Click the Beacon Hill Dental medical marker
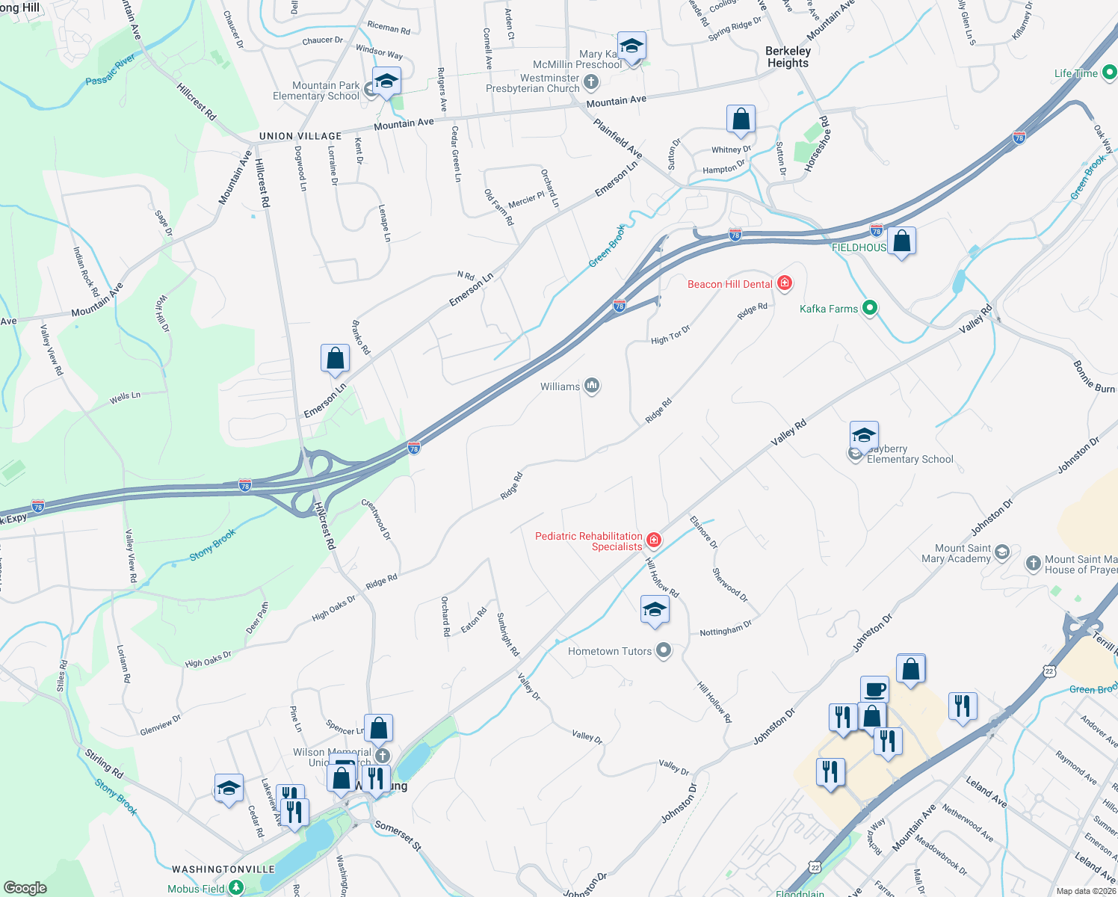(x=784, y=283)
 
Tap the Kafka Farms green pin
(x=869, y=308)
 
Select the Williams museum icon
(x=592, y=386)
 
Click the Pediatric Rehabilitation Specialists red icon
(x=654, y=540)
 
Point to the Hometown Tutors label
(x=609, y=651)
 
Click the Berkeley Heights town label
(x=788, y=57)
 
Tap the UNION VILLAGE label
(x=300, y=136)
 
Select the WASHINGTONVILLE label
(x=223, y=869)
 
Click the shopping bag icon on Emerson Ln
(x=336, y=358)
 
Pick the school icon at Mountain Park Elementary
(x=386, y=81)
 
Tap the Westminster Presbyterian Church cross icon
(x=591, y=81)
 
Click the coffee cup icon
(x=874, y=688)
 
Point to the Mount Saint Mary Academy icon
(x=1002, y=552)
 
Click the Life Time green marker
(x=1109, y=73)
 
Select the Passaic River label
(x=111, y=70)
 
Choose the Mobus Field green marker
(x=236, y=888)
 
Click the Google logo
(x=25, y=888)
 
